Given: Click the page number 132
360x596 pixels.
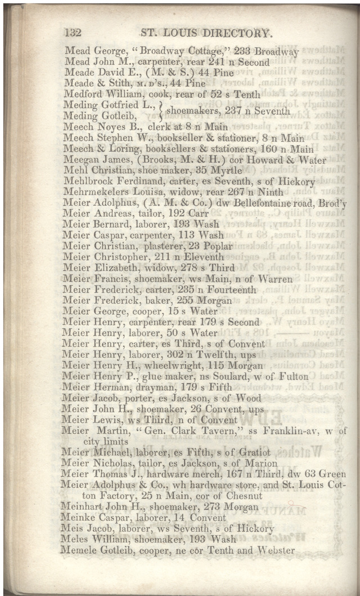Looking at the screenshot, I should [x=74, y=33].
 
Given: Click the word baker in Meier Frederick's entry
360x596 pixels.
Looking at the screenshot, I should [x=149, y=301].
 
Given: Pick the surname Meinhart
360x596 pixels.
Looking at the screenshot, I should [x=83, y=507].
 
